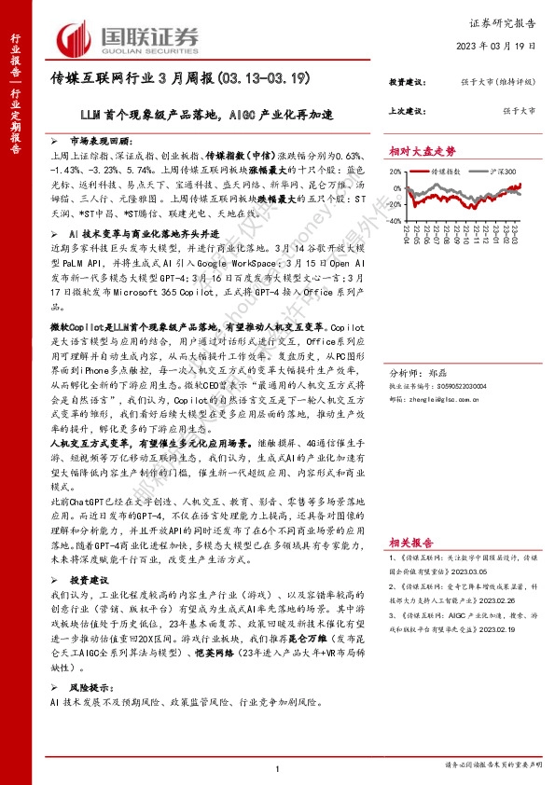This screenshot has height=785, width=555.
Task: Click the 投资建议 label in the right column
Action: pos(407,84)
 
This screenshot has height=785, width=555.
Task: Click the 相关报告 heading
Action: pos(411,541)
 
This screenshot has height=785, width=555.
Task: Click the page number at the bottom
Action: pos(279,768)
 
